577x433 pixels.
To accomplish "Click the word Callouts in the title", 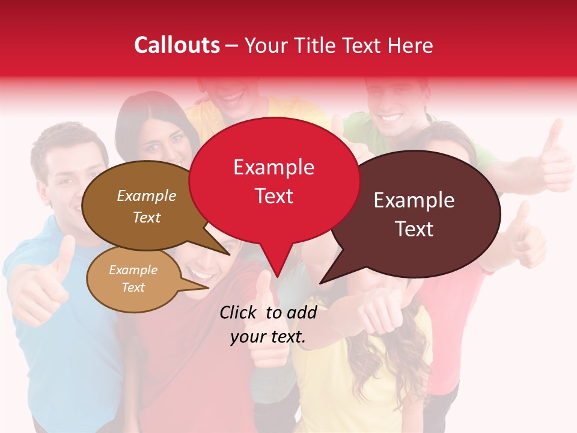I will click(x=177, y=45).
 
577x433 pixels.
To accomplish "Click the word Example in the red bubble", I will click(x=273, y=167).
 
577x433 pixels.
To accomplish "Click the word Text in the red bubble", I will click(x=273, y=196).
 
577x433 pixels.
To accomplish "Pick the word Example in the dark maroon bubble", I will click(x=414, y=200).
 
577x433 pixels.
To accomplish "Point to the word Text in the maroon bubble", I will click(x=414, y=229).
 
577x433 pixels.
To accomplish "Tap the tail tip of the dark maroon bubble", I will click(x=320, y=283).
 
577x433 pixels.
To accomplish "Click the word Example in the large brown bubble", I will click(x=147, y=195).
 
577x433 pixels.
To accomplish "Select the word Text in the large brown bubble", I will click(x=147, y=217).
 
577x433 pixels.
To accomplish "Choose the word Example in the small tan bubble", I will click(x=133, y=270).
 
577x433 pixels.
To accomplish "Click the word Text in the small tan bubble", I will click(x=133, y=287).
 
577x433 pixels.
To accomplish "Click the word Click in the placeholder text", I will click(x=238, y=312).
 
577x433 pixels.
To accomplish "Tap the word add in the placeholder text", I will click(x=302, y=312).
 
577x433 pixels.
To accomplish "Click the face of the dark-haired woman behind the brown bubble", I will click(x=159, y=144).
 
